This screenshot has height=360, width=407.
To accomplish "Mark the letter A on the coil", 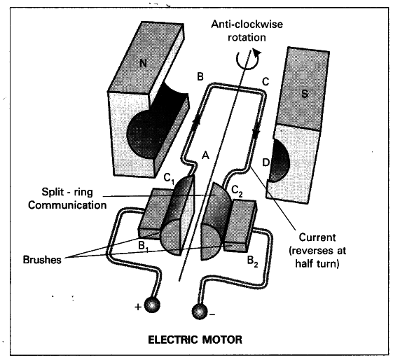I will tap(205, 156).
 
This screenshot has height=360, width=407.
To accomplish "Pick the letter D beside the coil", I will tap(265, 163).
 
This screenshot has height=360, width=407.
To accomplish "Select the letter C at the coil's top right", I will tap(263, 80).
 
